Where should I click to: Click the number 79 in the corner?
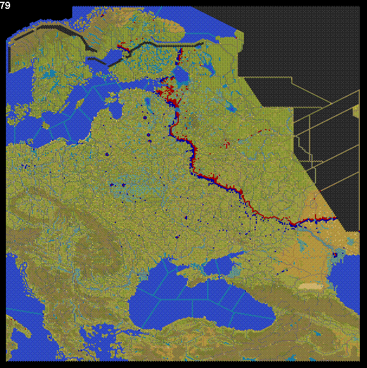[x=6, y=5]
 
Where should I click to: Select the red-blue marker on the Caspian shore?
[x=335, y=255]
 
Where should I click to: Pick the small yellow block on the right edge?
[x=356, y=111]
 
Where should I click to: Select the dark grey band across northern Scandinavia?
[x=53, y=33]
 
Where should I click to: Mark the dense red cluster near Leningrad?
[x=168, y=92]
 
